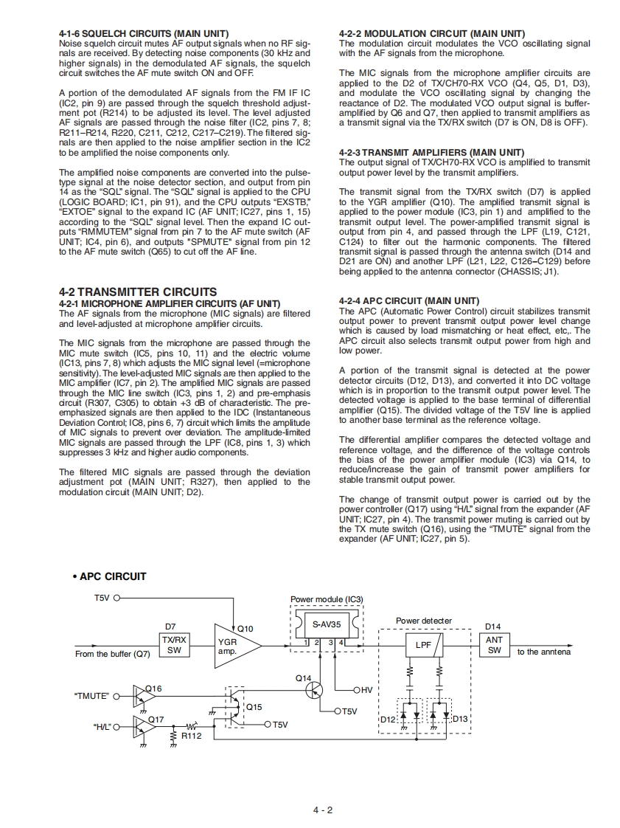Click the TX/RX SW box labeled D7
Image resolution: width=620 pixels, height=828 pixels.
coord(175,645)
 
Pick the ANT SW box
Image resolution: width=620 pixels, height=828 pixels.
coord(494,645)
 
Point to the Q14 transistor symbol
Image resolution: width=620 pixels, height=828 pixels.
coord(314,689)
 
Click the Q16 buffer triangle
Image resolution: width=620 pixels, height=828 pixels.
coord(142,694)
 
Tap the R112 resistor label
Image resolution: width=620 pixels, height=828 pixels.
coord(191,736)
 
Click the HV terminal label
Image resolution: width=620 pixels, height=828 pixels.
coord(366,690)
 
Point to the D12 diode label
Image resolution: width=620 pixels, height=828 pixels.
coord(388,719)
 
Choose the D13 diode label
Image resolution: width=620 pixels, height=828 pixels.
coord(460,719)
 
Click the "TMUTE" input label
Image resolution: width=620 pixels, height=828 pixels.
coord(91,695)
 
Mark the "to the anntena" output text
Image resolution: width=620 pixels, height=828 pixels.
coord(543,652)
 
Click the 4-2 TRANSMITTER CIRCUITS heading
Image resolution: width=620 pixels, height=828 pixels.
coord(137,291)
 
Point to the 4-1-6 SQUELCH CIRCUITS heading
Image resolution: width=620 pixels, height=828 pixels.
coord(143,34)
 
